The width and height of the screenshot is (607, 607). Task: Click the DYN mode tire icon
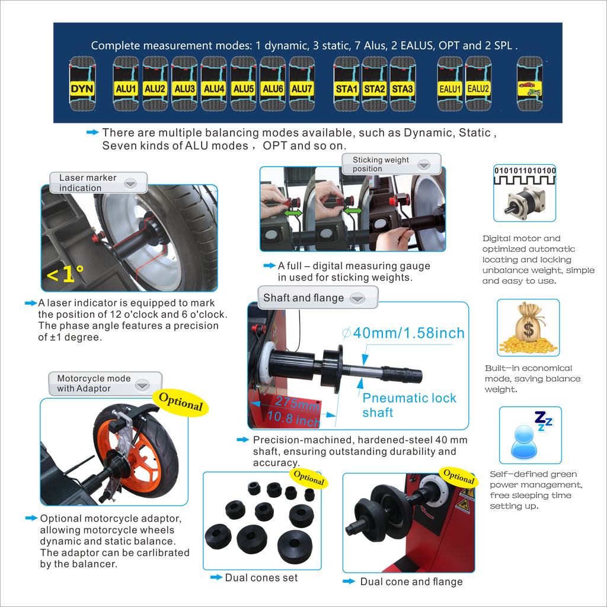click(82, 84)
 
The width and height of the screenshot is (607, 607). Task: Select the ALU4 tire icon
click(213, 84)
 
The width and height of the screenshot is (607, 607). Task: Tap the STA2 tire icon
click(375, 84)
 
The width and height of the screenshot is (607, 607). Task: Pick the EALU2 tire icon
click(478, 84)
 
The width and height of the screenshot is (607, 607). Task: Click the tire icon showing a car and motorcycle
click(529, 84)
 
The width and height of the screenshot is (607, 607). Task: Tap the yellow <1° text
click(65, 274)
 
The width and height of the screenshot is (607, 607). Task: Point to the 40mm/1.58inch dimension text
click(403, 333)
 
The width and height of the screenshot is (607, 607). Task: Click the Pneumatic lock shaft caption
click(409, 405)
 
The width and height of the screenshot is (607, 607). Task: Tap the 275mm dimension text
click(297, 403)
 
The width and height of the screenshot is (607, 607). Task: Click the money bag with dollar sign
click(528, 327)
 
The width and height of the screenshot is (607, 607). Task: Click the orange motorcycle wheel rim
click(132, 454)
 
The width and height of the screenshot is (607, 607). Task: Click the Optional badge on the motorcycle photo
click(181, 402)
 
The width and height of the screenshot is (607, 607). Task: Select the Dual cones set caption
click(261, 577)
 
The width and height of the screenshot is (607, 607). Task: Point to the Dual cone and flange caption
click(411, 582)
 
